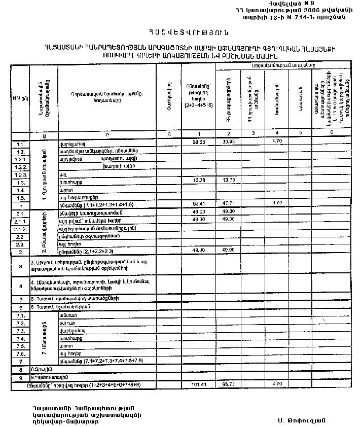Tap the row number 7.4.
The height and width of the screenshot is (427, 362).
coord(20,338)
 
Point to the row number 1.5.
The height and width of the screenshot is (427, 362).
coord(20,197)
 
